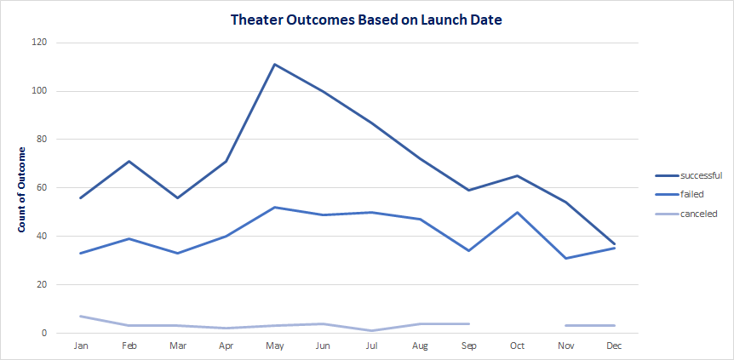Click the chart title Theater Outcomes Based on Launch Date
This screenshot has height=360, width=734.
(x=366, y=19)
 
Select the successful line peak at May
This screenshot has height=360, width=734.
(x=275, y=64)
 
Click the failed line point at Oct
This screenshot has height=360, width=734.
(x=517, y=212)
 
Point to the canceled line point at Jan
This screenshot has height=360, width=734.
(x=81, y=316)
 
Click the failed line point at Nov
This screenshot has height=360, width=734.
(x=565, y=258)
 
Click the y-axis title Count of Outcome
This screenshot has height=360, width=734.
(x=23, y=190)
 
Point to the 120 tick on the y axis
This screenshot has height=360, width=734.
(x=39, y=43)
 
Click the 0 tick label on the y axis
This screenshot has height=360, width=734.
(x=44, y=333)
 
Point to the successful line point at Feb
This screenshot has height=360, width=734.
(x=129, y=161)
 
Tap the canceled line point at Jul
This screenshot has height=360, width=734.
(x=372, y=330)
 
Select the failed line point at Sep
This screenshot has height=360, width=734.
(x=468, y=250)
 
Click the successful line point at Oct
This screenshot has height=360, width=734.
(x=517, y=175)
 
